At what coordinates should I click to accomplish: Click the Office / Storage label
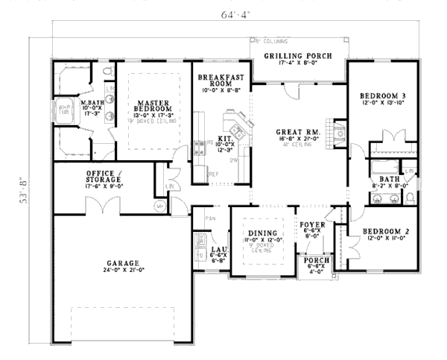(x=106, y=177)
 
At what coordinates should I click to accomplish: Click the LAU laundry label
(x=218, y=250)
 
